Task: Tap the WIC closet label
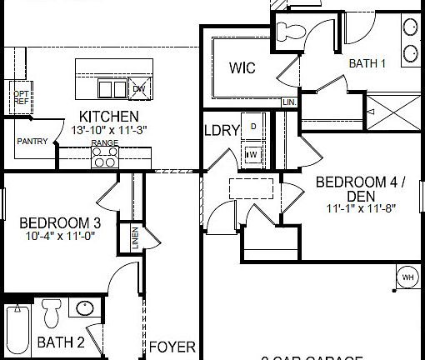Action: (x=242, y=67)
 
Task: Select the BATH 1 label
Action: (x=367, y=62)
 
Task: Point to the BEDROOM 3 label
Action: (x=61, y=222)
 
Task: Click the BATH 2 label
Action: (x=61, y=342)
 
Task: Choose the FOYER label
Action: (x=172, y=346)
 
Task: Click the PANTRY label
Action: (x=32, y=142)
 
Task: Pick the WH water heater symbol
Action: (x=407, y=277)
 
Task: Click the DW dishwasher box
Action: (x=138, y=88)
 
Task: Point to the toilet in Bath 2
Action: (x=51, y=314)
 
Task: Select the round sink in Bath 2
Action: (x=85, y=308)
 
